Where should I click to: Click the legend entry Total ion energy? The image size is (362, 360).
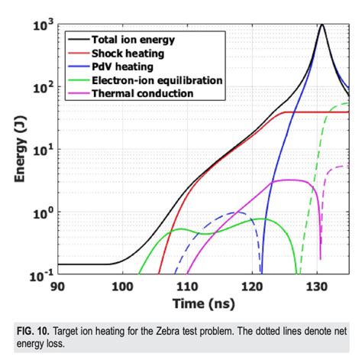pos(133,39)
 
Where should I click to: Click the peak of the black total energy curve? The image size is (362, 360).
pos(322,24)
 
